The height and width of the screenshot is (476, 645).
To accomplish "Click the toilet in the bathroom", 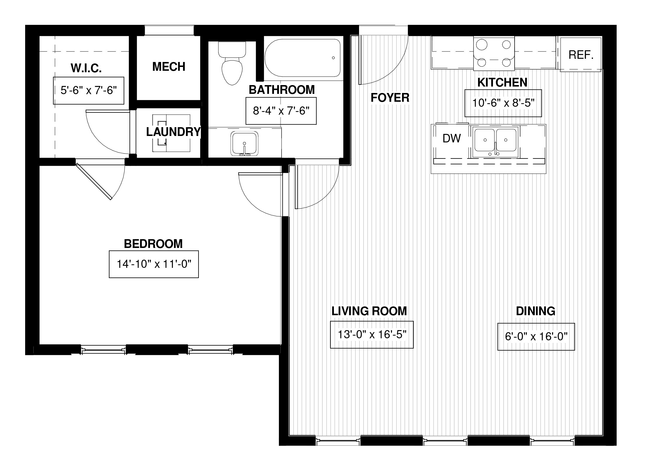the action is click(x=232, y=63).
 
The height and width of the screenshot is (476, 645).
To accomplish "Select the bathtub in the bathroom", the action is click(x=303, y=58).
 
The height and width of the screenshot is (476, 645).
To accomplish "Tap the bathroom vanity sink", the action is click(x=244, y=144).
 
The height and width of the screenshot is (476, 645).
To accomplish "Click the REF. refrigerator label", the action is click(x=581, y=55).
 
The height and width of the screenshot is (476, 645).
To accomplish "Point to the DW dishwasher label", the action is click(x=451, y=138).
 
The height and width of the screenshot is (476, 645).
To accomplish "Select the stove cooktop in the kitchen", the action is click(x=494, y=54).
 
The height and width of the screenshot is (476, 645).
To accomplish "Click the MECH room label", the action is click(x=169, y=67).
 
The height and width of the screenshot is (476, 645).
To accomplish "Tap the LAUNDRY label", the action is click(x=173, y=132).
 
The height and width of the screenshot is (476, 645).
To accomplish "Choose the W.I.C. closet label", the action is click(x=86, y=68).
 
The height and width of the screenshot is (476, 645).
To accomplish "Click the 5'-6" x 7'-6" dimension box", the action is click(x=89, y=91).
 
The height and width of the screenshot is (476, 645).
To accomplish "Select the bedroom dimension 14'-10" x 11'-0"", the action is click(x=154, y=264).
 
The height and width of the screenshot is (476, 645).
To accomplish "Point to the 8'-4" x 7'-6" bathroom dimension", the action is click(x=281, y=111).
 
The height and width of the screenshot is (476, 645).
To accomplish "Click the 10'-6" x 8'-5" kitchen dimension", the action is click(x=503, y=103).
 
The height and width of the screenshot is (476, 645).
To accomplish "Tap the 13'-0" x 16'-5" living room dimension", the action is click(x=372, y=334).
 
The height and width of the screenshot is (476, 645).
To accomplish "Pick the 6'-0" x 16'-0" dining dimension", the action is click(x=536, y=337).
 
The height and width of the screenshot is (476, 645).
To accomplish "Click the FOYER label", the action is click(x=390, y=98).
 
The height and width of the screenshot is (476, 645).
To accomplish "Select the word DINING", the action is click(x=536, y=311).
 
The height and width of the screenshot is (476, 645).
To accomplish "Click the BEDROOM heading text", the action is click(x=154, y=244).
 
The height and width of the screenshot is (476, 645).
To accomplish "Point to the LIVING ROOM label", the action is click(x=369, y=311).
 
